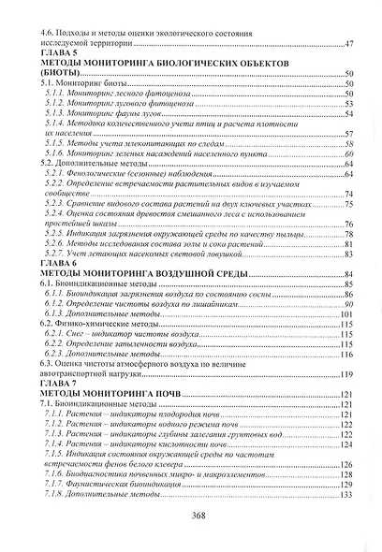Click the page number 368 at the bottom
tap(192, 517)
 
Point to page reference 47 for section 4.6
tap(348, 45)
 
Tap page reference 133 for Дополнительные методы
tap(346, 494)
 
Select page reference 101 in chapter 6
tap(346, 315)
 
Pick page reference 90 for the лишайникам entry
tap(349, 304)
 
